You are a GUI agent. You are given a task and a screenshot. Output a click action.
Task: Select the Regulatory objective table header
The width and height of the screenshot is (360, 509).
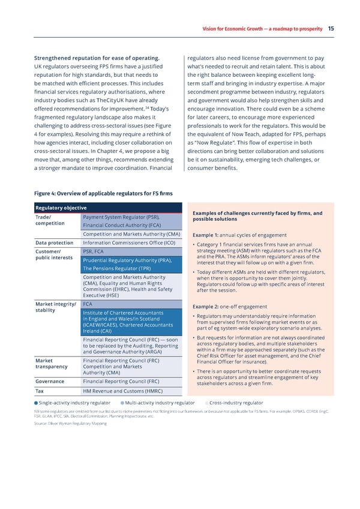coord(61,208)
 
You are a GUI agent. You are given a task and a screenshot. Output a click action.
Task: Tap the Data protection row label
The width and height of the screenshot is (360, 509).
coord(55,242)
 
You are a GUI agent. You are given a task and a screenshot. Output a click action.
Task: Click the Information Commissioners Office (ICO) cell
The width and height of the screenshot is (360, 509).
coord(129,242)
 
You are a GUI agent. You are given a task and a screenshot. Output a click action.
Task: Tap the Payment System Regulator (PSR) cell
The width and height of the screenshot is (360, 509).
coord(121,217)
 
